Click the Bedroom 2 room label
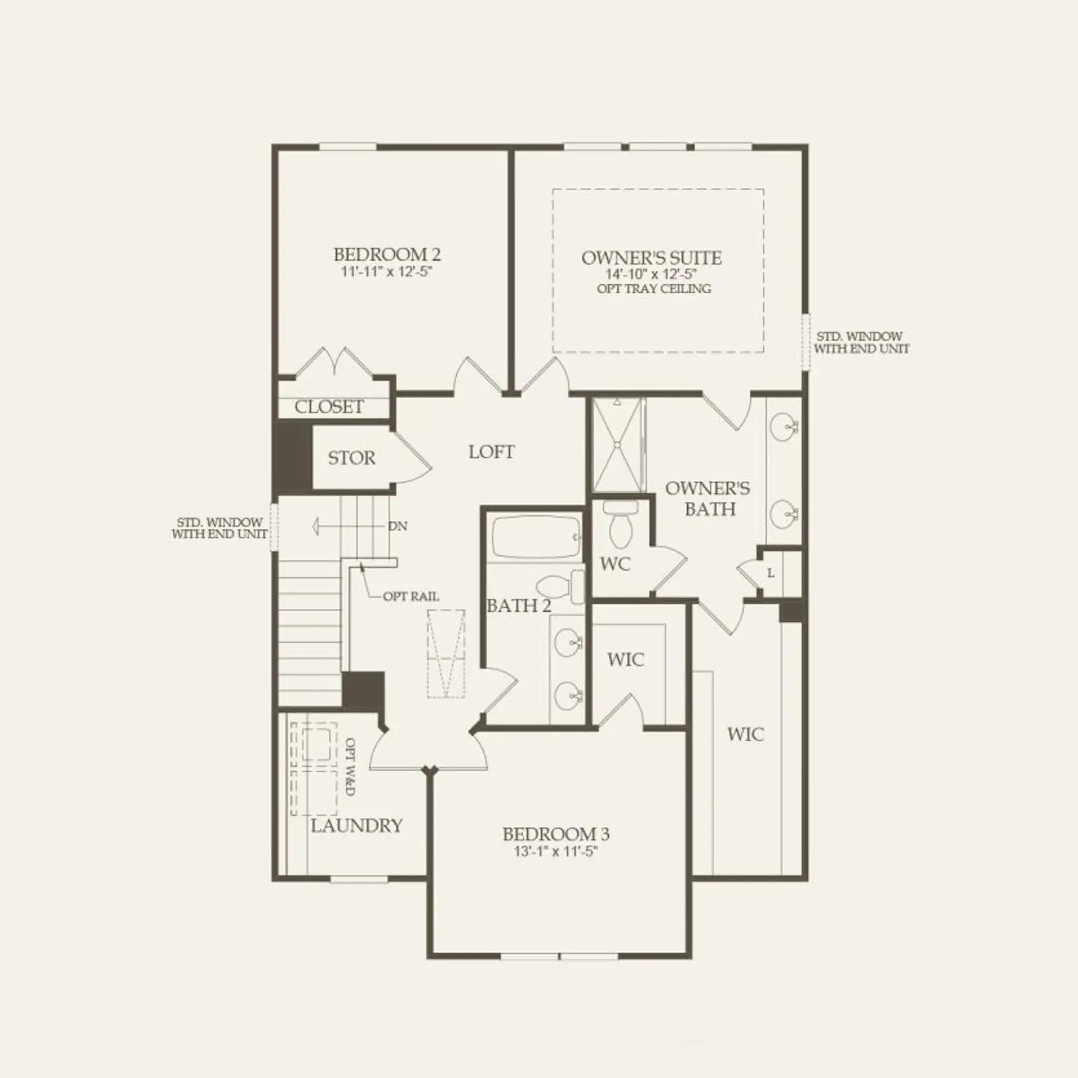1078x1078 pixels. tap(387, 255)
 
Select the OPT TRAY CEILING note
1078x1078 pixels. tap(654, 288)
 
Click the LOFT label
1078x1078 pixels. tap(491, 452)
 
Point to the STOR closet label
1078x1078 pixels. tap(352, 458)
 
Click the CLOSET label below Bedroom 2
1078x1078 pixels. tap(329, 407)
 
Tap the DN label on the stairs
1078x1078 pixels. tap(398, 526)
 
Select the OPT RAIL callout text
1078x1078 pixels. tap(411, 596)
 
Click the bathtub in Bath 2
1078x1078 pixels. tap(536, 537)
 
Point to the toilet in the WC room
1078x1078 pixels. tap(620, 523)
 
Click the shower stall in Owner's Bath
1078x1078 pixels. tap(619, 445)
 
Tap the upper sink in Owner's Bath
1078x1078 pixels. tap(784, 426)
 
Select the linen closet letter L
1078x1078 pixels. tap(771, 573)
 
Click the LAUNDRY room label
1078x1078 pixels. tap(356, 825)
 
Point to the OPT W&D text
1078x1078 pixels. tap(350, 767)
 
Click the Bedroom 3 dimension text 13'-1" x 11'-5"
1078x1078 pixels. tap(556, 852)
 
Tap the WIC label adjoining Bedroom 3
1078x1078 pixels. tap(625, 660)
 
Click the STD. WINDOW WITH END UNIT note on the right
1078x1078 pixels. tap(861, 342)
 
